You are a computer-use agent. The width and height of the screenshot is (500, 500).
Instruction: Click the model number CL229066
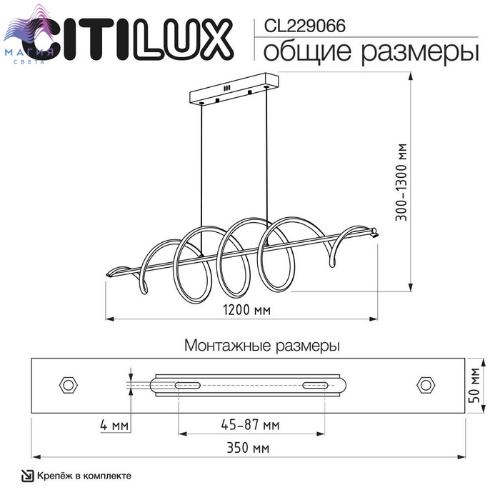(x=304, y=26)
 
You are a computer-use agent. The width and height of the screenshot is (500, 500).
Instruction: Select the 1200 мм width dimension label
(x=246, y=309)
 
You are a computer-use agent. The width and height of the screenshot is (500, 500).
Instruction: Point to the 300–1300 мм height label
(x=401, y=182)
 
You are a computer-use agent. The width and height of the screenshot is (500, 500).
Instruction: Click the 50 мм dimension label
(x=475, y=385)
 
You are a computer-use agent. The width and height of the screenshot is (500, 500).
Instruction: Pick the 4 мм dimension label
(x=114, y=425)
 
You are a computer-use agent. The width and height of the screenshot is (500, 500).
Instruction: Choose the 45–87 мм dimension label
(x=250, y=425)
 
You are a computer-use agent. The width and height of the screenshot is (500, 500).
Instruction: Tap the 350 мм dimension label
(x=248, y=448)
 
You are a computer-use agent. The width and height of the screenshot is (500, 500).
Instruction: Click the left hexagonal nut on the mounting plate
(x=69, y=385)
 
